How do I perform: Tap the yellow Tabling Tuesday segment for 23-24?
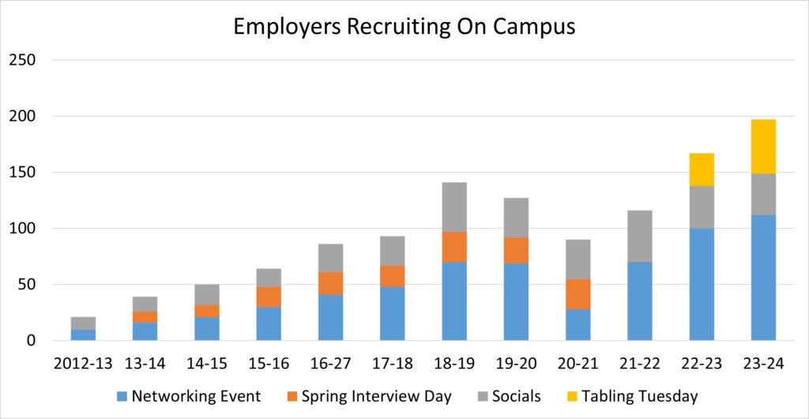point(763,146)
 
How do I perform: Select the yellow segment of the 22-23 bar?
point(702,170)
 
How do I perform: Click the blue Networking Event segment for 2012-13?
point(83,335)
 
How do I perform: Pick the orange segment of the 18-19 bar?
point(454,247)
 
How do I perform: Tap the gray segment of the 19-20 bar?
point(516,218)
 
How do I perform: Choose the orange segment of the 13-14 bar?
point(145,316)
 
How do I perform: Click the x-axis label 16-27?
point(330,364)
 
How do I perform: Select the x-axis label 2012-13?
point(82,364)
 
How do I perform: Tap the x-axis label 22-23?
point(702,364)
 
